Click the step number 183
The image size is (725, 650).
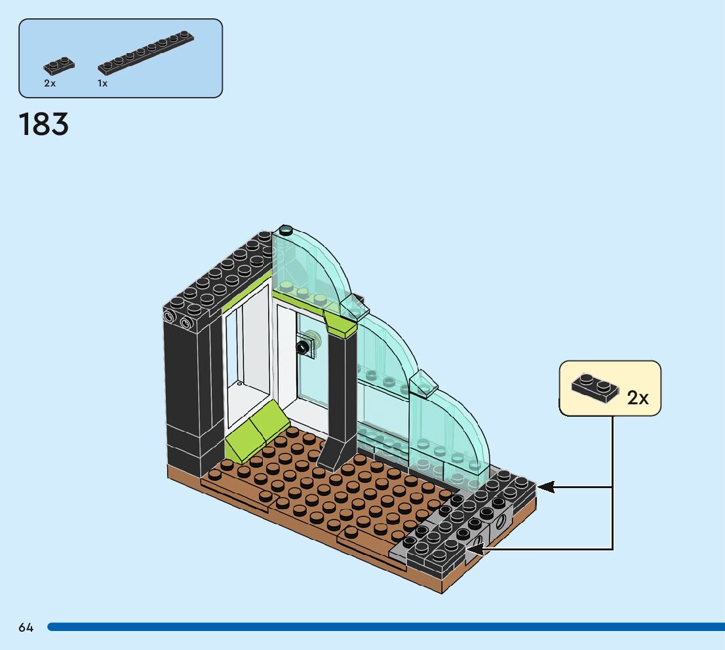pyautogui.click(x=44, y=124)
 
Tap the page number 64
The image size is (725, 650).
pyautogui.click(x=26, y=627)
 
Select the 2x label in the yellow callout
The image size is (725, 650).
pyautogui.click(x=637, y=398)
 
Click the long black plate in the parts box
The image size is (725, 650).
pyautogui.click(x=146, y=52)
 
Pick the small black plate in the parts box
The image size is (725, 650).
pyautogui.click(x=58, y=65)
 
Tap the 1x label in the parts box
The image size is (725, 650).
pyautogui.click(x=102, y=84)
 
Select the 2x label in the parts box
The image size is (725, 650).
pyautogui.click(x=50, y=84)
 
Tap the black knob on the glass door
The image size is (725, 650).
pyautogui.click(x=304, y=346)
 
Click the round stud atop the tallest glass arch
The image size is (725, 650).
pyautogui.click(x=286, y=230)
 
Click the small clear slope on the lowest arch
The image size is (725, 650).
pyautogui.click(x=423, y=383)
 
